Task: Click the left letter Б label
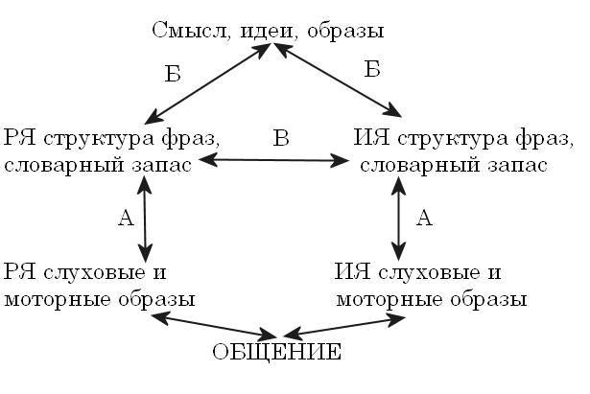coord(172,75)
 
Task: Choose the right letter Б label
coord(372,69)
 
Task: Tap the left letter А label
coord(125,219)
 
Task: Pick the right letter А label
coord(424,218)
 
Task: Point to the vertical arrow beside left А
coord(145,220)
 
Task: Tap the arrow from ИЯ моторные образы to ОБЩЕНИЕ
coord(345,326)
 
